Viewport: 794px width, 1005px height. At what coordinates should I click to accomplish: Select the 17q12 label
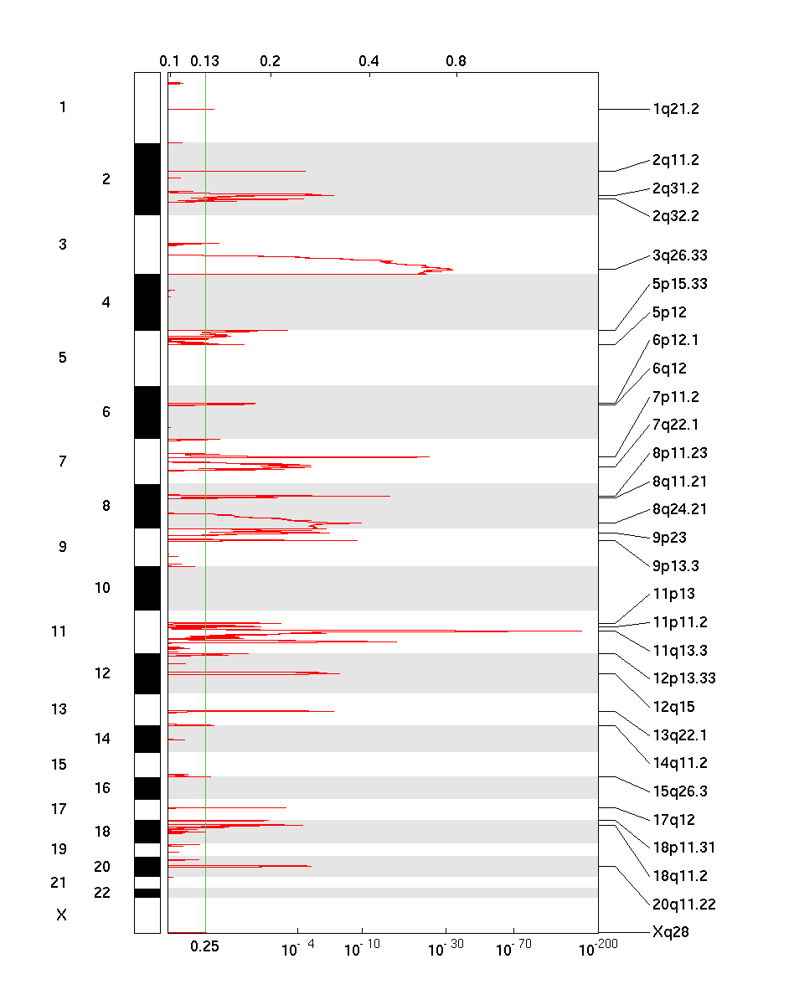(673, 820)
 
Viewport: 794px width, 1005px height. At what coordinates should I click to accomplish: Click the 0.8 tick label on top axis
(456, 61)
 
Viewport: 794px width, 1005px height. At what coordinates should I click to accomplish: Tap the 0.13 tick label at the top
(205, 61)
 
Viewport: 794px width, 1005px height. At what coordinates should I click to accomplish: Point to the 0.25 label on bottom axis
(205, 946)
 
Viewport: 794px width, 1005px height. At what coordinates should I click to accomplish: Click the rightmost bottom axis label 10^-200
(595, 948)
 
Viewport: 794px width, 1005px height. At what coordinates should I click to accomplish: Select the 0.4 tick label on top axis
(369, 61)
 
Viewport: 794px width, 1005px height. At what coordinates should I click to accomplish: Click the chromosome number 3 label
(63, 245)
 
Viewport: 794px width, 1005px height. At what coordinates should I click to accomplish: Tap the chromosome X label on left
(61, 915)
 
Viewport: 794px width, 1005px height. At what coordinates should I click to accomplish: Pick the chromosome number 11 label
(59, 631)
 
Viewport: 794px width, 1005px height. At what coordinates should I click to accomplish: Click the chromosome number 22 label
(102, 893)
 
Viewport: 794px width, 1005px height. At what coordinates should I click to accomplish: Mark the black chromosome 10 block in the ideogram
(147, 588)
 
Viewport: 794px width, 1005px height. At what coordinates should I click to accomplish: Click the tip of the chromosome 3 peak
(452, 269)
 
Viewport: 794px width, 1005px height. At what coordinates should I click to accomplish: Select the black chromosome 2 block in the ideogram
(147, 179)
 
